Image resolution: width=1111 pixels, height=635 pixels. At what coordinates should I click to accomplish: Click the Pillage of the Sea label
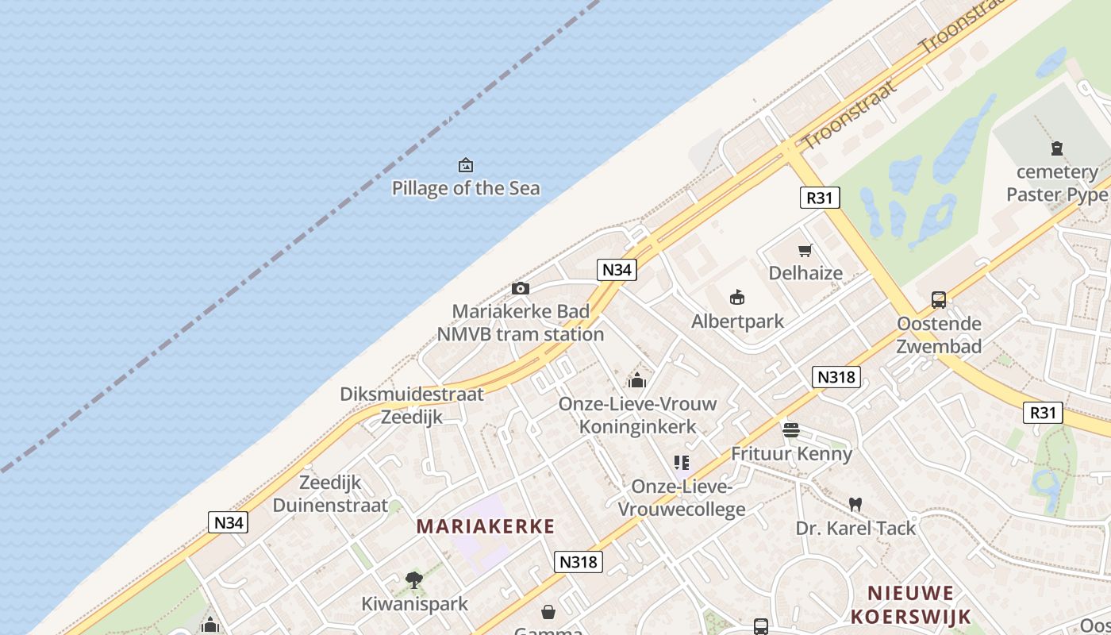point(466,188)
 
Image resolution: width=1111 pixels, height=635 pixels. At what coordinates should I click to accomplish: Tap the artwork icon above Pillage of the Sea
point(466,165)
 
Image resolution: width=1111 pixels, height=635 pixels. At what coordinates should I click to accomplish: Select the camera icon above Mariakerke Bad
point(521,288)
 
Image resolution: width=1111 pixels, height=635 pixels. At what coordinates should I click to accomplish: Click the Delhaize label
point(805,273)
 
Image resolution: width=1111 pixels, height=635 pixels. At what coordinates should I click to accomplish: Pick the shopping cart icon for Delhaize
point(805,251)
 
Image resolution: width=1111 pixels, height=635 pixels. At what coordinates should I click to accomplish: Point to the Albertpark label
point(737,321)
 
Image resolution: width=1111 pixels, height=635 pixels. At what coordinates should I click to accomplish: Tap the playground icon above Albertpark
point(737,298)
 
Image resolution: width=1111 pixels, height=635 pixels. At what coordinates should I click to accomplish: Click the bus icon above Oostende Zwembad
point(939,300)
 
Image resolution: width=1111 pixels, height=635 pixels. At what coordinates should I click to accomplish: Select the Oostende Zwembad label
point(939,335)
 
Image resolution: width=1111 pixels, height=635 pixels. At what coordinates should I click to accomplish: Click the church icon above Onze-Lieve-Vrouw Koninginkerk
point(637,380)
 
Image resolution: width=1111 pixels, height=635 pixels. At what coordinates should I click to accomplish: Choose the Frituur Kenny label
point(791,454)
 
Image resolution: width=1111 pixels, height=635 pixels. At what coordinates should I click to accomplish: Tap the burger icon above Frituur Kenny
point(791,430)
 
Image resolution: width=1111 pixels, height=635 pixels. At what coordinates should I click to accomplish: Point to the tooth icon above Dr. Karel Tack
point(855,504)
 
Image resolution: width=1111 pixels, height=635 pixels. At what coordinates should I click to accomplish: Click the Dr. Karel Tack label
point(855,528)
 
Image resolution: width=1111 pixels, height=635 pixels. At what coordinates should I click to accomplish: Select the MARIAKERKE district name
point(486,525)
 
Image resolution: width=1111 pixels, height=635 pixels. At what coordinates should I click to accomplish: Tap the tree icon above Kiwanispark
point(414,580)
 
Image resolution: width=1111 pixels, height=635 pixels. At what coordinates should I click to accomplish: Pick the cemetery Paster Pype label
point(1056,183)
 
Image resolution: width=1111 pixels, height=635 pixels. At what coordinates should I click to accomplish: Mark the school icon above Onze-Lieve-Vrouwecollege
point(682,462)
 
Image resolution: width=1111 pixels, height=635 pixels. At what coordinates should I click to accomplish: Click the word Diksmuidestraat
point(412,394)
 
